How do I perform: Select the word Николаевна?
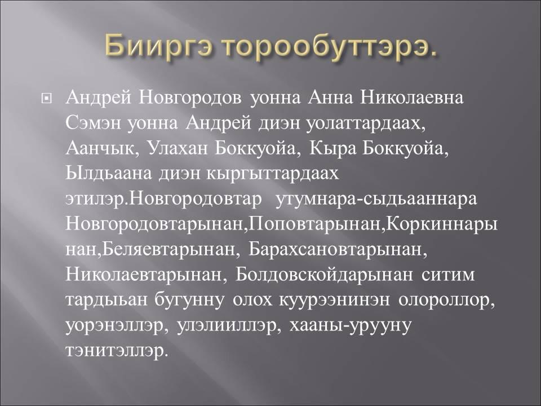coord(411,98)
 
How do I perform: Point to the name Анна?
coord(331,98)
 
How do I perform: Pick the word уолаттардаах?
coord(366,124)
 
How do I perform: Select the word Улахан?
coord(178,148)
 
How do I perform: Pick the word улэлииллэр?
coord(228,325)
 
